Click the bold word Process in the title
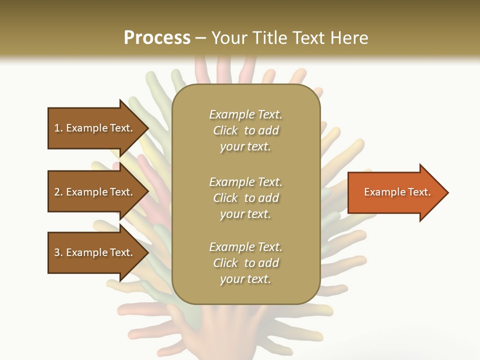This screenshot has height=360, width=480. pyautogui.click(x=157, y=38)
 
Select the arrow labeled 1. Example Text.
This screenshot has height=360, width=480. pyautogui.click(x=95, y=128)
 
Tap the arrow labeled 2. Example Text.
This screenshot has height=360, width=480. pyautogui.click(x=95, y=192)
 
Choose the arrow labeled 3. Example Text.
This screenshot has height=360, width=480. pyautogui.click(x=95, y=252)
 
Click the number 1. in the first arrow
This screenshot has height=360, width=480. pyautogui.click(x=58, y=128)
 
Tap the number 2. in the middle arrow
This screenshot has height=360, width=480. pyautogui.click(x=58, y=192)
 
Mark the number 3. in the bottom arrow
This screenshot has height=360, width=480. pyautogui.click(x=58, y=252)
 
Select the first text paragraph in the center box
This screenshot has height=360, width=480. pyautogui.click(x=245, y=130)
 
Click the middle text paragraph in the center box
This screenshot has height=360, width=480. pyautogui.click(x=245, y=198)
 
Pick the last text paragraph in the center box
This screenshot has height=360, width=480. pyautogui.click(x=245, y=263)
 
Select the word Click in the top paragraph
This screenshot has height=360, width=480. pyautogui.click(x=225, y=131)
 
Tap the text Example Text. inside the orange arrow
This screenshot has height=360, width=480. pyautogui.click(x=397, y=192)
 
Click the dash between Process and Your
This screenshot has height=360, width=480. pyautogui.click(x=201, y=38)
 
